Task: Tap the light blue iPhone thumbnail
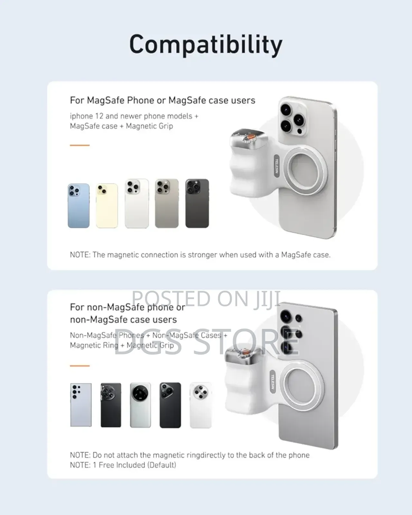click(x=79, y=206)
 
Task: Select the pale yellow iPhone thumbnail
click(x=107, y=206)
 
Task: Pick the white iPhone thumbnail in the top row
click(x=137, y=203)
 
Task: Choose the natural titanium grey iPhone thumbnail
click(x=167, y=203)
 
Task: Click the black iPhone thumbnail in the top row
click(x=197, y=203)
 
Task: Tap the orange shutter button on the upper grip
click(x=250, y=137)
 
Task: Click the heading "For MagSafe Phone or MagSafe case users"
click(x=163, y=100)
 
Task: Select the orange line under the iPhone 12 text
click(x=80, y=145)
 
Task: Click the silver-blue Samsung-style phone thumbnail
click(x=81, y=405)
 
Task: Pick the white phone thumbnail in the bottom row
click(x=201, y=405)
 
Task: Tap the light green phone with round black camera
click(x=141, y=405)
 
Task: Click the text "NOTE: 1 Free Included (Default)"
click(x=123, y=465)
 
